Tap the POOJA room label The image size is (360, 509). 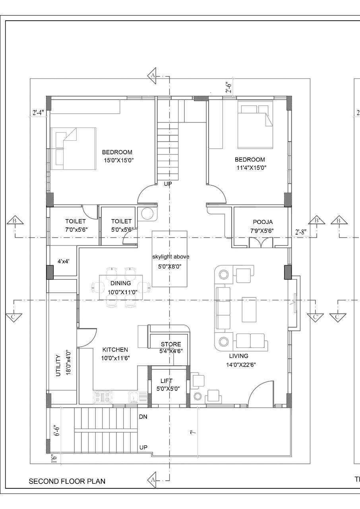(263, 222)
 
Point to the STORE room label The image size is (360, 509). (171, 344)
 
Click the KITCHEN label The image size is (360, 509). (115, 350)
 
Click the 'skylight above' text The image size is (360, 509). (171, 257)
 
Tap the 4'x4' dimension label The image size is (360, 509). (63, 261)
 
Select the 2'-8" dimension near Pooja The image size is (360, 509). (301, 232)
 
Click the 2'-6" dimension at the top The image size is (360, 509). (229, 87)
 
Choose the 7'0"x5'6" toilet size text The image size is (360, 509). (76, 230)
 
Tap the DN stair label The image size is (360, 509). (143, 416)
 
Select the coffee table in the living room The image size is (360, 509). (249, 309)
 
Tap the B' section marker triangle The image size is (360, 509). (317, 220)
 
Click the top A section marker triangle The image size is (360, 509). (152, 76)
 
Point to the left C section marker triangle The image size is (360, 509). (14, 317)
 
